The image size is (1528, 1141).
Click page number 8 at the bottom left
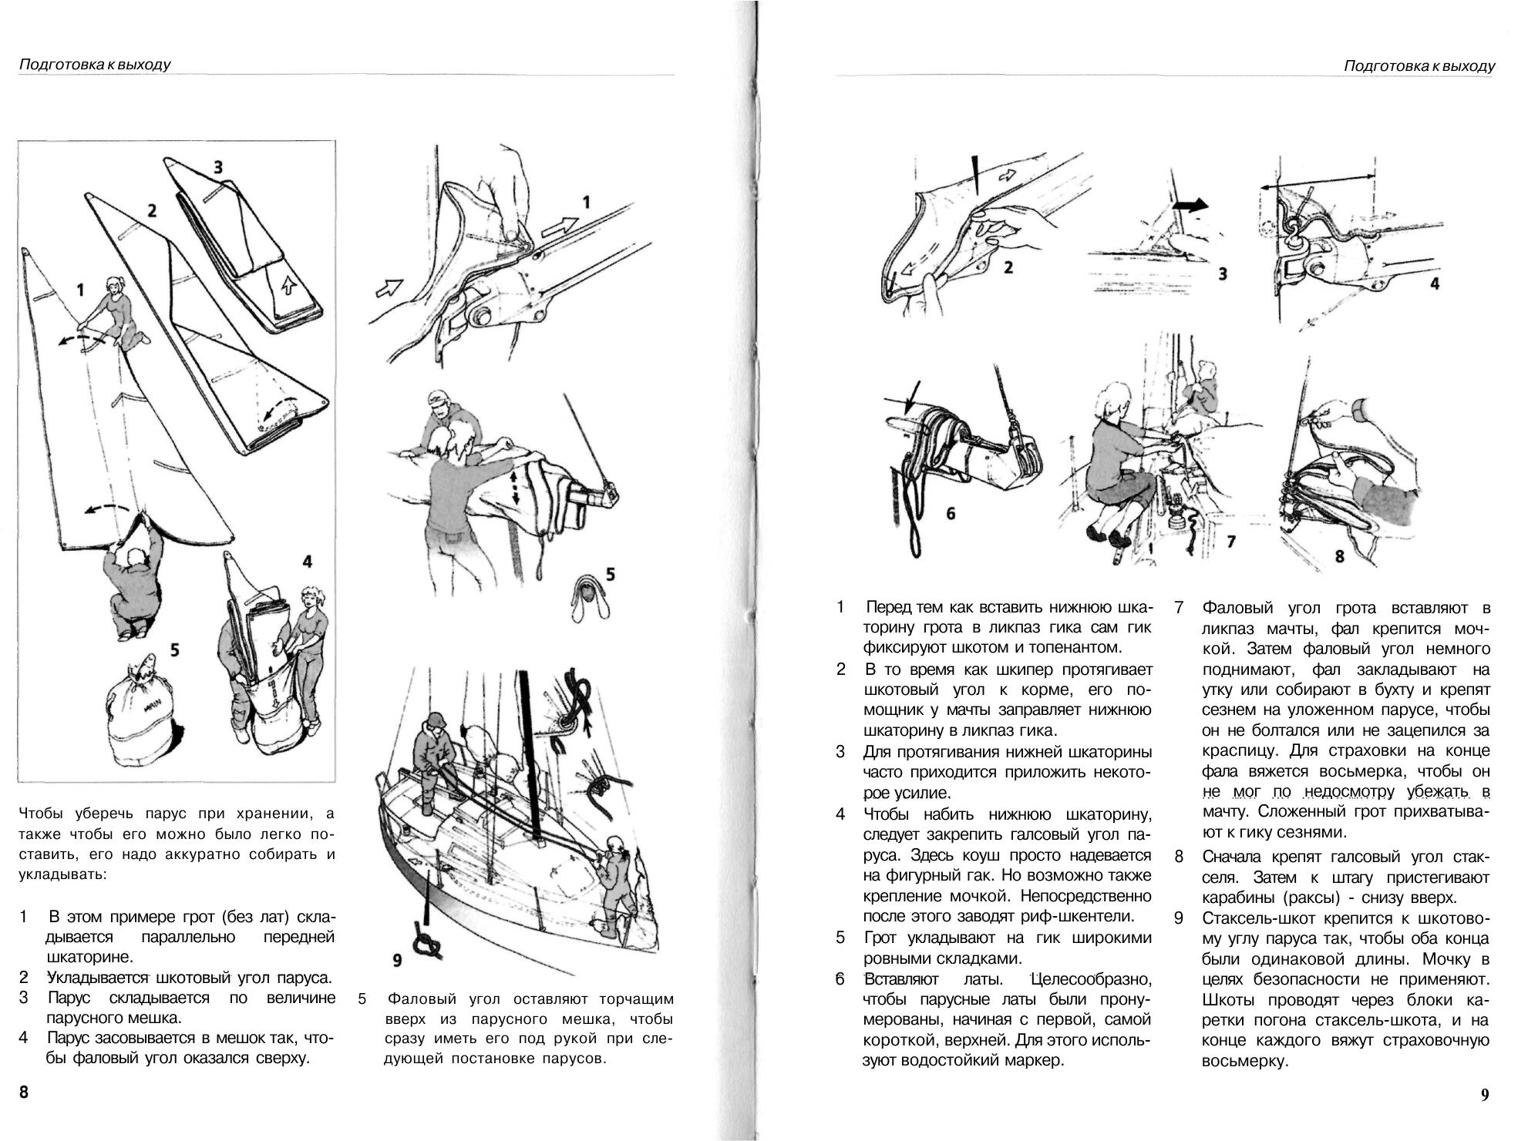[x=24, y=1092]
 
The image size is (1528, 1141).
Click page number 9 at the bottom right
[x=1484, y=1095]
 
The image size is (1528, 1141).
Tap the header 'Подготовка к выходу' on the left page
[x=94, y=65]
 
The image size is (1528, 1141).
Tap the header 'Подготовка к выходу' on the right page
[x=1419, y=65]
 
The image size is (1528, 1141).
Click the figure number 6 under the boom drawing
[x=951, y=512]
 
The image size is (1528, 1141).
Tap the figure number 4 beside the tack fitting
[x=1434, y=284]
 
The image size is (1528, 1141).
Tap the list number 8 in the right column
[x=1179, y=857]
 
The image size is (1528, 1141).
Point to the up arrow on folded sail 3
[x=289, y=287]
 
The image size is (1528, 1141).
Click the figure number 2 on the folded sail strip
[x=152, y=210]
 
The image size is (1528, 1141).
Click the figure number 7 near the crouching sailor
[x=1231, y=542]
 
